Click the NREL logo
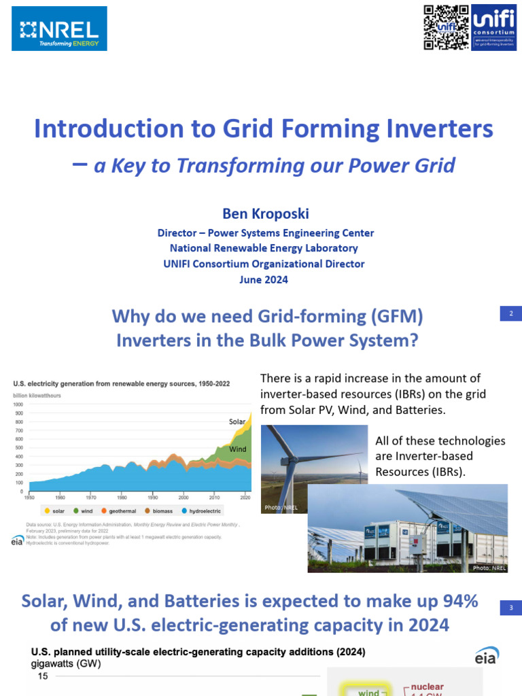[x=59, y=29]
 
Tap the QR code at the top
[x=446, y=27]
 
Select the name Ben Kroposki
[x=266, y=214]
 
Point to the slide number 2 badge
[x=510, y=313]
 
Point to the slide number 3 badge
[x=510, y=608]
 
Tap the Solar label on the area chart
[x=237, y=421]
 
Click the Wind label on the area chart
[x=237, y=449]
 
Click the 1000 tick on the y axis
[x=18, y=404]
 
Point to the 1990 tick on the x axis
[x=154, y=498]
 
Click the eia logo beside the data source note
[x=18, y=540]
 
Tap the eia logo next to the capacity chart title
[x=486, y=655]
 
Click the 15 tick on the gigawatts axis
[x=43, y=677]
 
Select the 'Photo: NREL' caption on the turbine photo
[x=281, y=508]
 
